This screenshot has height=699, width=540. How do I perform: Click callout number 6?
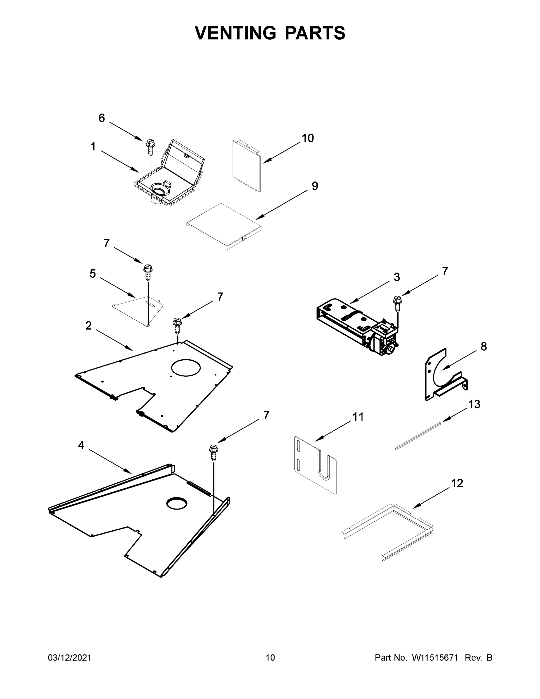click(101, 118)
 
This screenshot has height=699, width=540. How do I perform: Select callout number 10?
click(308, 138)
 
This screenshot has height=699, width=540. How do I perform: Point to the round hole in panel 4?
click(176, 503)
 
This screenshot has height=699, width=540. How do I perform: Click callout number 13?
click(475, 404)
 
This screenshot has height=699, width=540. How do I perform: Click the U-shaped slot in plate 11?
click(324, 469)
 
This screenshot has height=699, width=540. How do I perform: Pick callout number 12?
click(457, 483)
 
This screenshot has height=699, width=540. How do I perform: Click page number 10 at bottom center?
click(270, 658)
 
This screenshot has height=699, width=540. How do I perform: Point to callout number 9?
click(315, 186)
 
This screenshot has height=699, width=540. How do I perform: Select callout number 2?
click(88, 326)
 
